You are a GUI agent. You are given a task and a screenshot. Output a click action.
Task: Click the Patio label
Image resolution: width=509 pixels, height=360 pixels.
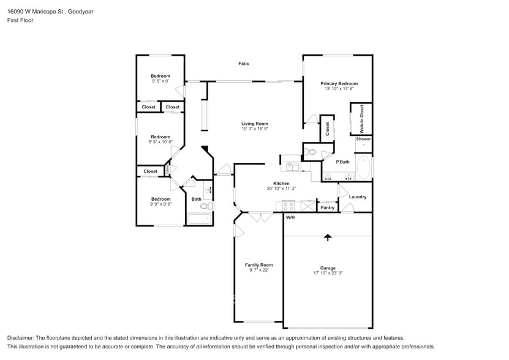[x=244, y=64]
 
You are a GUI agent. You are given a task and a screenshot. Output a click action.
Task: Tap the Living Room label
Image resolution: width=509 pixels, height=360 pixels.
[x=255, y=124]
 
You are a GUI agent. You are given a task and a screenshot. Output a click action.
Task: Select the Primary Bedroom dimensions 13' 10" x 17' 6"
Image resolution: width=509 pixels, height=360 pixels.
[x=339, y=88]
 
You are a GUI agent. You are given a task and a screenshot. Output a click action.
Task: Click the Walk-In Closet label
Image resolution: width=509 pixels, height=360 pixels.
[x=361, y=119]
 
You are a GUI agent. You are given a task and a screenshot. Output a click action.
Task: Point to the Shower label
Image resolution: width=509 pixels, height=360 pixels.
[x=363, y=139]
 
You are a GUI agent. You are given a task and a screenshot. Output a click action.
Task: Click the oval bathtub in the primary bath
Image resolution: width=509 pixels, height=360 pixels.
[x=364, y=168]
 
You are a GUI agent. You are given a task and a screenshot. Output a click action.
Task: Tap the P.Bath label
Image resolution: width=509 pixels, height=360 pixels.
[x=343, y=162]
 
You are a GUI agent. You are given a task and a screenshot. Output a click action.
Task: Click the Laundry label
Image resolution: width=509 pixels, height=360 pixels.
[x=358, y=197]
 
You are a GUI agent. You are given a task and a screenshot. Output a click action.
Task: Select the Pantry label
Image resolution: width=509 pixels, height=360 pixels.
[x=327, y=208]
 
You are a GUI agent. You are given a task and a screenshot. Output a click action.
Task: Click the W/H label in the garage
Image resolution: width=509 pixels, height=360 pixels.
[x=290, y=217]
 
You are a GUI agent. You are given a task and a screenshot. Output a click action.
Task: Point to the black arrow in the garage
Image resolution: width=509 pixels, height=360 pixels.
[x=328, y=238]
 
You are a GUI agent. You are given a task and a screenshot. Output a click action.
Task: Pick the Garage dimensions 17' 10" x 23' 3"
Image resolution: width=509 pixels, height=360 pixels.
[x=328, y=273]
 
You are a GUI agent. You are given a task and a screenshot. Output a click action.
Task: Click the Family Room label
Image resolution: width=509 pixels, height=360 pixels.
[x=258, y=265]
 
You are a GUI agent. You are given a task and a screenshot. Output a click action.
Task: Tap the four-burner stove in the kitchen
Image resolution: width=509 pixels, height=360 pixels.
[x=288, y=206]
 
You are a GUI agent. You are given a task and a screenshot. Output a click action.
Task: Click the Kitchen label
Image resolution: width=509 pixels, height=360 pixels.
[x=281, y=184]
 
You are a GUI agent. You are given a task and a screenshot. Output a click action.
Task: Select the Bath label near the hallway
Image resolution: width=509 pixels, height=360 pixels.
[x=196, y=199]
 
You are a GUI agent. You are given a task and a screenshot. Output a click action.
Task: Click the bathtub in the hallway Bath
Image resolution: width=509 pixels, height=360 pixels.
[x=200, y=219]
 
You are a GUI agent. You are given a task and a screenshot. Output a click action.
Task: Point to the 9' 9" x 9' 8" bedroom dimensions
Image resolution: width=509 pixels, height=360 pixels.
[x=160, y=204]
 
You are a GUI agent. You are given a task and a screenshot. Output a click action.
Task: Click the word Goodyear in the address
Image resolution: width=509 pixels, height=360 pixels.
[x=80, y=12]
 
